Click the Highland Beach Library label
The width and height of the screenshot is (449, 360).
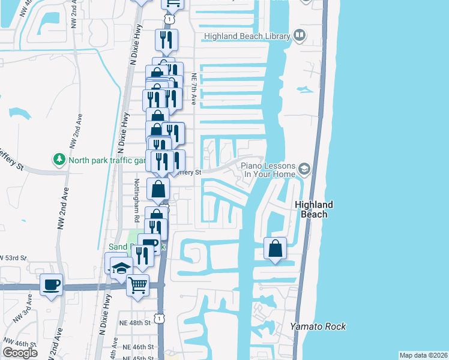[247, 36]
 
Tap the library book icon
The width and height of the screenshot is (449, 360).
[299, 36]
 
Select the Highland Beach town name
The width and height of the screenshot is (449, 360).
[314, 209]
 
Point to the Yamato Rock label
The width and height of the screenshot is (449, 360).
[318, 326]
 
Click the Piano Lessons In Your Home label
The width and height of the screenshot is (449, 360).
[268, 170]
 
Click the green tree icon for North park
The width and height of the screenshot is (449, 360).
[59, 160]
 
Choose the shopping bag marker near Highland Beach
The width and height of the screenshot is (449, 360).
[275, 248]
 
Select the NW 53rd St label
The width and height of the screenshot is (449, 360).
[14, 257]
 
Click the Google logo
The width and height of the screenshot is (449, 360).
[20, 353]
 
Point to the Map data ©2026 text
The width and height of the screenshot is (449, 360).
[423, 355]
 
